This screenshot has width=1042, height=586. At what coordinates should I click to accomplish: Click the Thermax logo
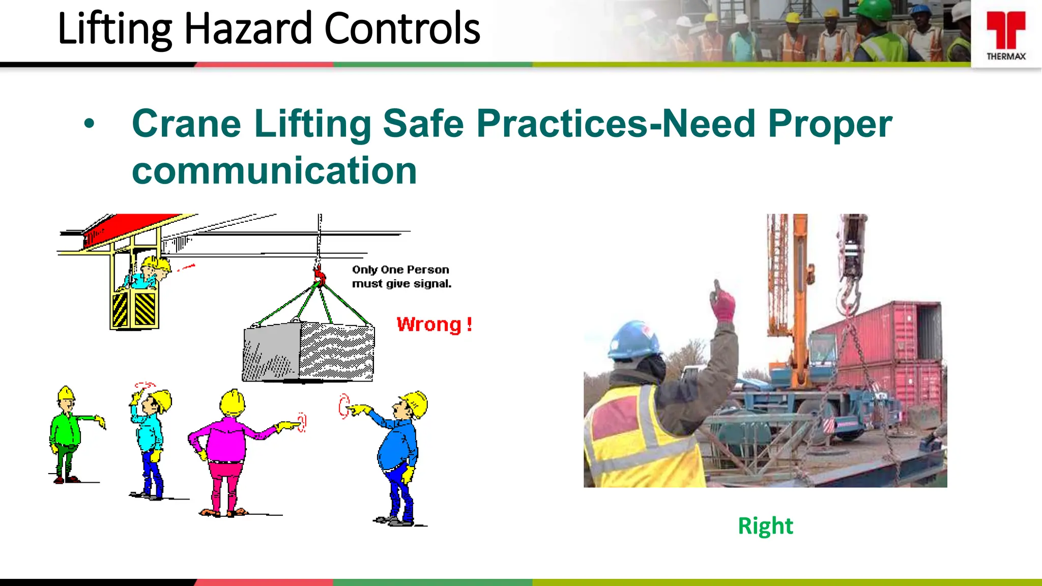1006,35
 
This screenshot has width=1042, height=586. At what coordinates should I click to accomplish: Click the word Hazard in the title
248,29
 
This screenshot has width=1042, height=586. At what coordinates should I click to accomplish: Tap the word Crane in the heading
186,124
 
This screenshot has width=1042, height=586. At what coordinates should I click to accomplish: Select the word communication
274,171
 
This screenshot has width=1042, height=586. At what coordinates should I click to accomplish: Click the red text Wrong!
434,325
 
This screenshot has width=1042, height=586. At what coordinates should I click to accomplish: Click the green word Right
765,526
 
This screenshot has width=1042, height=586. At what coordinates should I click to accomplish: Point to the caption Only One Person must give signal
401,277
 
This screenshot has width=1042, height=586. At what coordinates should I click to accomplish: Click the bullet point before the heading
90,124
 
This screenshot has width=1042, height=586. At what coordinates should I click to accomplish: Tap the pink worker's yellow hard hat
233,402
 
